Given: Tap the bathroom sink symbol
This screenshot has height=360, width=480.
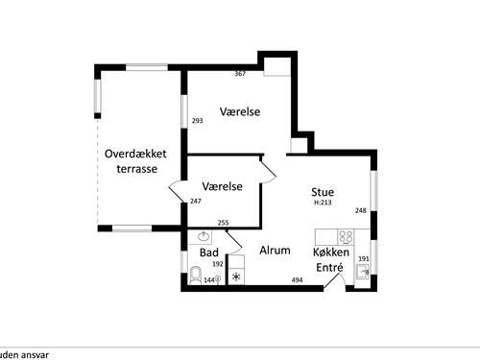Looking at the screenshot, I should point(204,236).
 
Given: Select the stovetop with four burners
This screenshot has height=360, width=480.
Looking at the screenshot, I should point(345,236).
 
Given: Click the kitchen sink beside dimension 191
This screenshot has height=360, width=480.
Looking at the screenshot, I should point(362,273).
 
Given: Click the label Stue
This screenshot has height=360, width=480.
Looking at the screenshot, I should point(323,192).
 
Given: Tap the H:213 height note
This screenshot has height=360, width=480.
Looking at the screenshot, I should point(323,204).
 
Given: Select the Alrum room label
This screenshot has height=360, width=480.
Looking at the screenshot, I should point(276,250).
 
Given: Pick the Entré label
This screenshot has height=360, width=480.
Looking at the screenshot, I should point(329,269).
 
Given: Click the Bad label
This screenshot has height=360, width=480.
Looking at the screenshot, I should point(208,252).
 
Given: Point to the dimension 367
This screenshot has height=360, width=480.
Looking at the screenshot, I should point(241,74).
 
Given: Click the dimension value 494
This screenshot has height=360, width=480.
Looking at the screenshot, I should point(299,280).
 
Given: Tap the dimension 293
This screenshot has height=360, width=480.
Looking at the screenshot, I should point(197,121).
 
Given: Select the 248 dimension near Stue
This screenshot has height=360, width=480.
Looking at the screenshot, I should point(361,210).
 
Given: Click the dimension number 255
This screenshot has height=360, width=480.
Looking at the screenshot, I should point(223,223).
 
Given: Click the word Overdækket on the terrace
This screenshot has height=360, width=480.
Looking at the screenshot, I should point(136,153).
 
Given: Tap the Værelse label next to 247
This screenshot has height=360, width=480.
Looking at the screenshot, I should point(222,186).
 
